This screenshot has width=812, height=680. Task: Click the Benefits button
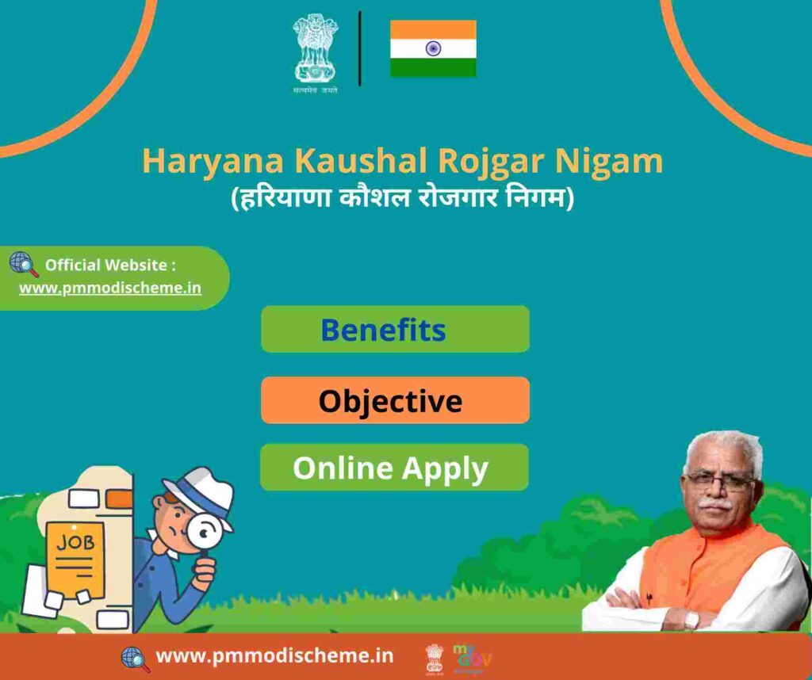(395, 329)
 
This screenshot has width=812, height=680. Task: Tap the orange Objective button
(395, 400)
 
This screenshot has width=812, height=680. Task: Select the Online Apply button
(394, 468)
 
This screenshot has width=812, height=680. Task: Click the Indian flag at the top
(433, 48)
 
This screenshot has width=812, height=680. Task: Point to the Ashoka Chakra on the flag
(433, 48)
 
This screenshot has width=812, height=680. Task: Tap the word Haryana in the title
(213, 162)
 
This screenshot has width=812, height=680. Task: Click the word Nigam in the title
(609, 162)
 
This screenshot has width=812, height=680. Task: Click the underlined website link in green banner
(110, 288)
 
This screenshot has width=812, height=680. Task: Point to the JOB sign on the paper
(75, 542)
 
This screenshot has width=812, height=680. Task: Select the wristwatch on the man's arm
(691, 619)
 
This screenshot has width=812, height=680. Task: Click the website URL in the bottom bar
(274, 655)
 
